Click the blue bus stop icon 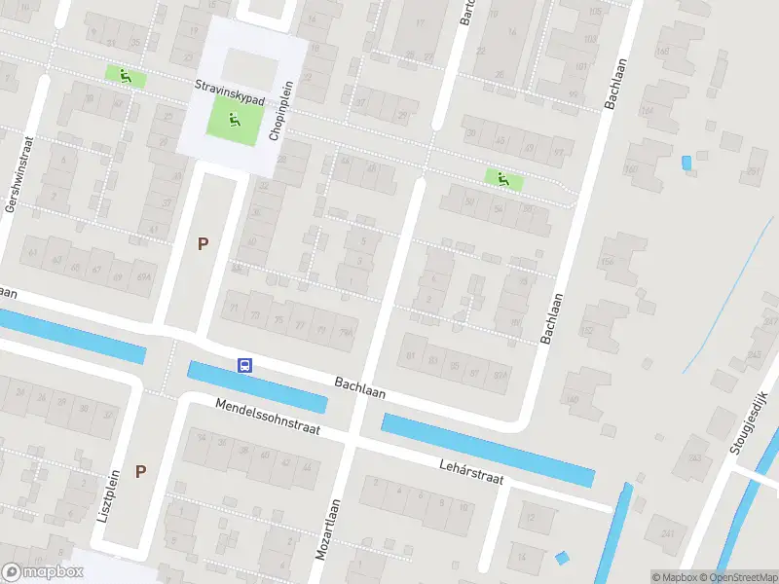click(x=245, y=365)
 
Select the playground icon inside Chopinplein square click(x=233, y=120)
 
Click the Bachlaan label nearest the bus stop click(x=359, y=388)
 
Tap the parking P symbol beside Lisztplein click(x=140, y=471)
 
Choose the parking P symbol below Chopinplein click(x=203, y=244)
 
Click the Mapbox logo click(x=43, y=571)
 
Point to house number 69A click(x=144, y=276)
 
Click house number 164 click(x=610, y=262)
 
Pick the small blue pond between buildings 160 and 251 click(x=686, y=163)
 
